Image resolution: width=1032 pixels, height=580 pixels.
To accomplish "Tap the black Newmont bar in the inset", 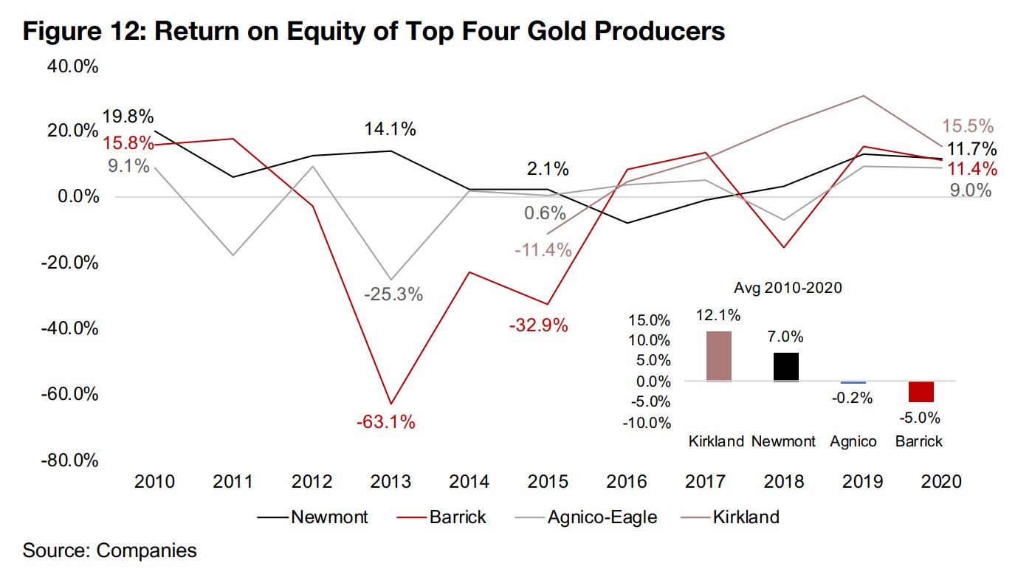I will coord(785,367).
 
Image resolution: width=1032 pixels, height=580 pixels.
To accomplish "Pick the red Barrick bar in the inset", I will coord(921,392).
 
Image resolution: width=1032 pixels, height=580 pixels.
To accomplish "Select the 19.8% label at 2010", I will coord(127,117).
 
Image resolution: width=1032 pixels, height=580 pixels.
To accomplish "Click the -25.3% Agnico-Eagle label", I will coord(393,294).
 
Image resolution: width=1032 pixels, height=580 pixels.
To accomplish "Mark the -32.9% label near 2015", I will coord(538,325).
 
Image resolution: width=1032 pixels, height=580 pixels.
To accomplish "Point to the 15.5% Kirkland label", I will coord(967,126).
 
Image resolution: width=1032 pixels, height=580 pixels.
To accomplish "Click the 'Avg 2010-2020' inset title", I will coord(788,289).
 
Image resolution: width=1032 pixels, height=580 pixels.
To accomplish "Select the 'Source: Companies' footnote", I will coord(109,550).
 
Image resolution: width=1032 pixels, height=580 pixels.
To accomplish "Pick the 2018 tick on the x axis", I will coord(783,481).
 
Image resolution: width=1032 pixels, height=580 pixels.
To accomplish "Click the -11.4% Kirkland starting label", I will coord(543,249).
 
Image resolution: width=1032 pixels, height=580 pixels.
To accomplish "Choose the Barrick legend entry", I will coord(458,517).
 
